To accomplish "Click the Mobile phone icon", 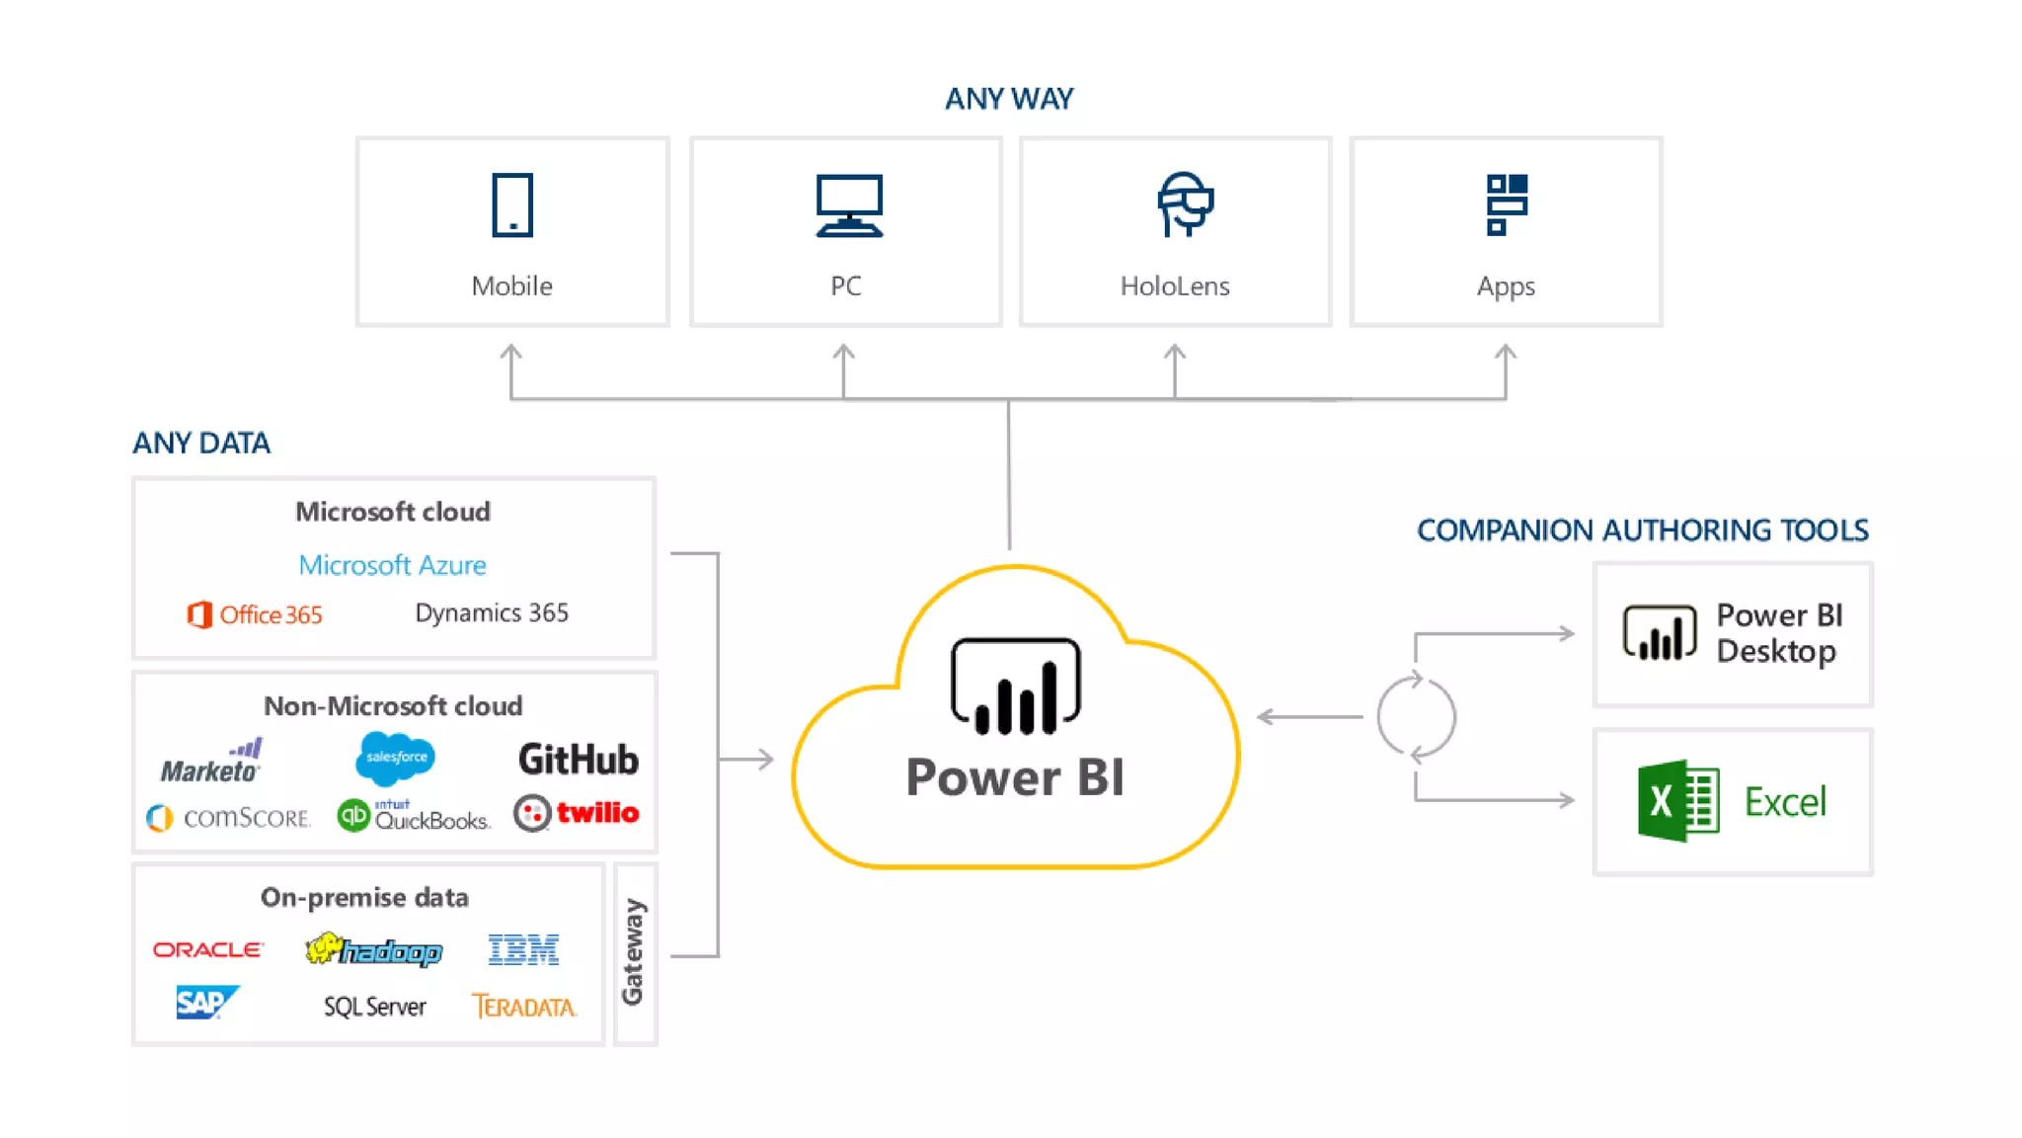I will click(x=511, y=204).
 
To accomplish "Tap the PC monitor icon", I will click(x=848, y=205).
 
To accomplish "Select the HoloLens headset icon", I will click(x=1184, y=204).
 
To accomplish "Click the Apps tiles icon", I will click(x=1506, y=204).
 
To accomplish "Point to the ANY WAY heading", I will click(x=1008, y=99).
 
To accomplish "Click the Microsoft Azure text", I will click(x=392, y=565).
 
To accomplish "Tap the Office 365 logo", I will click(x=255, y=614).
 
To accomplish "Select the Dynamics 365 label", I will click(x=491, y=612).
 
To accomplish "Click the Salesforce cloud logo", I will click(x=395, y=758).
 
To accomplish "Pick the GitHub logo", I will click(x=578, y=760).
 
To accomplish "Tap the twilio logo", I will click(x=577, y=813).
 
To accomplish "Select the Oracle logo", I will click(x=207, y=949).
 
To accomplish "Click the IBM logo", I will click(x=523, y=949).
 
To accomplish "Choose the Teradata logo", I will click(x=523, y=1007).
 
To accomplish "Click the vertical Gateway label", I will click(x=633, y=952).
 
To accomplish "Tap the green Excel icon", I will click(x=1677, y=800).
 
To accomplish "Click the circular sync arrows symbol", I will click(x=1416, y=717).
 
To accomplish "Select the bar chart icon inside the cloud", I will click(x=1015, y=688).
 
